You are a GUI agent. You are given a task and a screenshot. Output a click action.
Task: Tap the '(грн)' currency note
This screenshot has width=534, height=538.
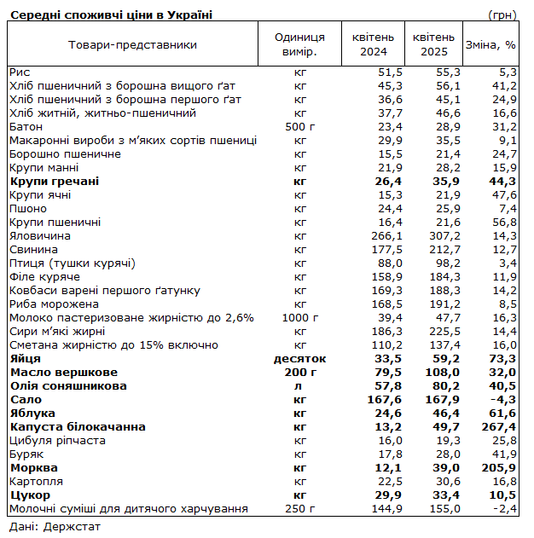point(502,14)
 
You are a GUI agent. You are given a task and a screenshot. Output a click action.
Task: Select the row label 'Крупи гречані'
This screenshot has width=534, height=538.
point(54,181)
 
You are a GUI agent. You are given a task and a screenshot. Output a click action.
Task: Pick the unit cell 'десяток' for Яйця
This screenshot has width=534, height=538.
point(299,358)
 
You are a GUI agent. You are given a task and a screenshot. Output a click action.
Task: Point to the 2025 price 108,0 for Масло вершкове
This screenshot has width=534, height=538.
point(443,372)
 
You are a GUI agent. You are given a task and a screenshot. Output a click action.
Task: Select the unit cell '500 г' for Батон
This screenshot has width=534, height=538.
point(299,126)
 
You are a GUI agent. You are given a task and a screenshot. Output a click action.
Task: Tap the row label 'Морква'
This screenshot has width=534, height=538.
point(33,467)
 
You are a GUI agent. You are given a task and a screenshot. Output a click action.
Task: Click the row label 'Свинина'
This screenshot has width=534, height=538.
point(34,249)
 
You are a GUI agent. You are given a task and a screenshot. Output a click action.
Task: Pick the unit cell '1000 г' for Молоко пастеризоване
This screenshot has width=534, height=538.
point(299,317)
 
